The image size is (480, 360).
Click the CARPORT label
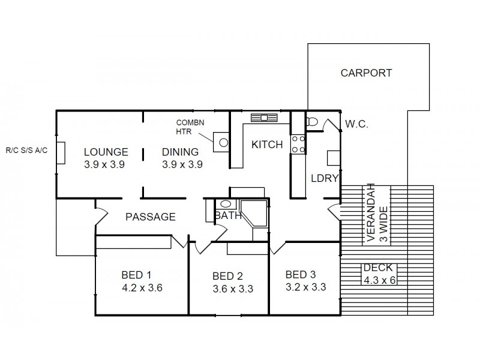coord(366,73)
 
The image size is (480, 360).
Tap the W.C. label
coord(356,125)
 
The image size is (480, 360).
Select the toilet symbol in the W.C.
coord(311,122)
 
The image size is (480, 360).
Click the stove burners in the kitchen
coord(298,144)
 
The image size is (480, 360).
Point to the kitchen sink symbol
coord(262,118)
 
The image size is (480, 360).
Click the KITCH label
coord(266,145)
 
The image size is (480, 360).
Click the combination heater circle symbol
coord(222,143)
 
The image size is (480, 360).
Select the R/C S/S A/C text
coord(25,151)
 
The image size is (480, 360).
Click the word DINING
coord(181,151)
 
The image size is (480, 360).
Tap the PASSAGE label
coord(150,217)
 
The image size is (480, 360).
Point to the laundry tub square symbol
coord(334,157)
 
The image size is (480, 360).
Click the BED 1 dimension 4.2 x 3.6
coord(142,287)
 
